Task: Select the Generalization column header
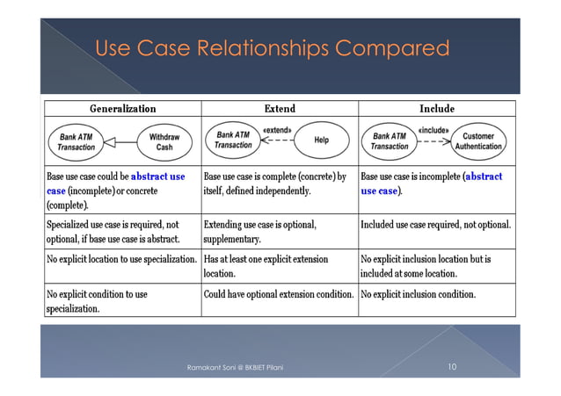123,109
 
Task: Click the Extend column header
279,109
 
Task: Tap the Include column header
436,109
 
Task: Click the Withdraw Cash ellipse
164,141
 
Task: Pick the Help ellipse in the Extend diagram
322,140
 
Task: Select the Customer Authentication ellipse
478,141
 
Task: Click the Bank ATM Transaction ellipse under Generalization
77,141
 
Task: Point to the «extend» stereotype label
277,130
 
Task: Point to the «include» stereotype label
433,130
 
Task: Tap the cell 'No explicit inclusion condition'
418,294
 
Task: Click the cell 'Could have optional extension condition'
279,294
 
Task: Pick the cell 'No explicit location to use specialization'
121,259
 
